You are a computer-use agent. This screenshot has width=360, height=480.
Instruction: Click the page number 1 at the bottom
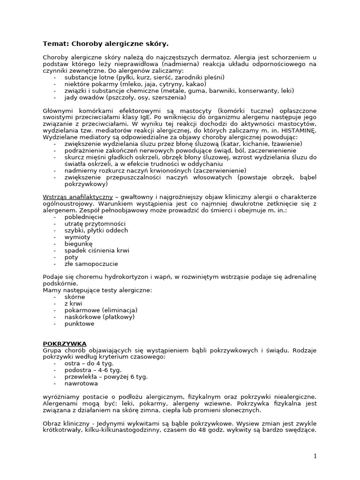pyautogui.click(x=315, y=456)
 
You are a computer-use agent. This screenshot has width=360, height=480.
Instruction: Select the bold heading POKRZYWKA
pyautogui.click(x=65, y=344)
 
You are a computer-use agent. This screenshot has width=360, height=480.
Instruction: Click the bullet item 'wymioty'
pyautogui.click(x=78, y=237)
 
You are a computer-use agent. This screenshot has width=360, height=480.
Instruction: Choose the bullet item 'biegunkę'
pyautogui.click(x=79, y=244)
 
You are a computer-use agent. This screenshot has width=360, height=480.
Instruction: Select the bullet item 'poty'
pyautogui.click(x=71, y=257)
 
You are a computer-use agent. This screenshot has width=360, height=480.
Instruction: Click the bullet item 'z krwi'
pyautogui.click(x=73, y=304)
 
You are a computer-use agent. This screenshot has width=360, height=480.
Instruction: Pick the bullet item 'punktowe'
pyautogui.click(x=79, y=323)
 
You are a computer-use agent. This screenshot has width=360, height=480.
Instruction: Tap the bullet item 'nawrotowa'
pyautogui.click(x=81, y=383)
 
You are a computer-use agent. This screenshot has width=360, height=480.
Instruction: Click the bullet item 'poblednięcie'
pyautogui.click(x=84, y=217)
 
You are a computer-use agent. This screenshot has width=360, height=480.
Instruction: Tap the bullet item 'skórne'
pyautogui.click(x=75, y=297)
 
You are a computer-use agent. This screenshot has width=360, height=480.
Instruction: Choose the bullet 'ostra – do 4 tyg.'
pyautogui.click(x=86, y=363)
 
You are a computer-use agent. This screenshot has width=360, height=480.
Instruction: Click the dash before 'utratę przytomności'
pyautogui.click(x=55, y=224)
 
